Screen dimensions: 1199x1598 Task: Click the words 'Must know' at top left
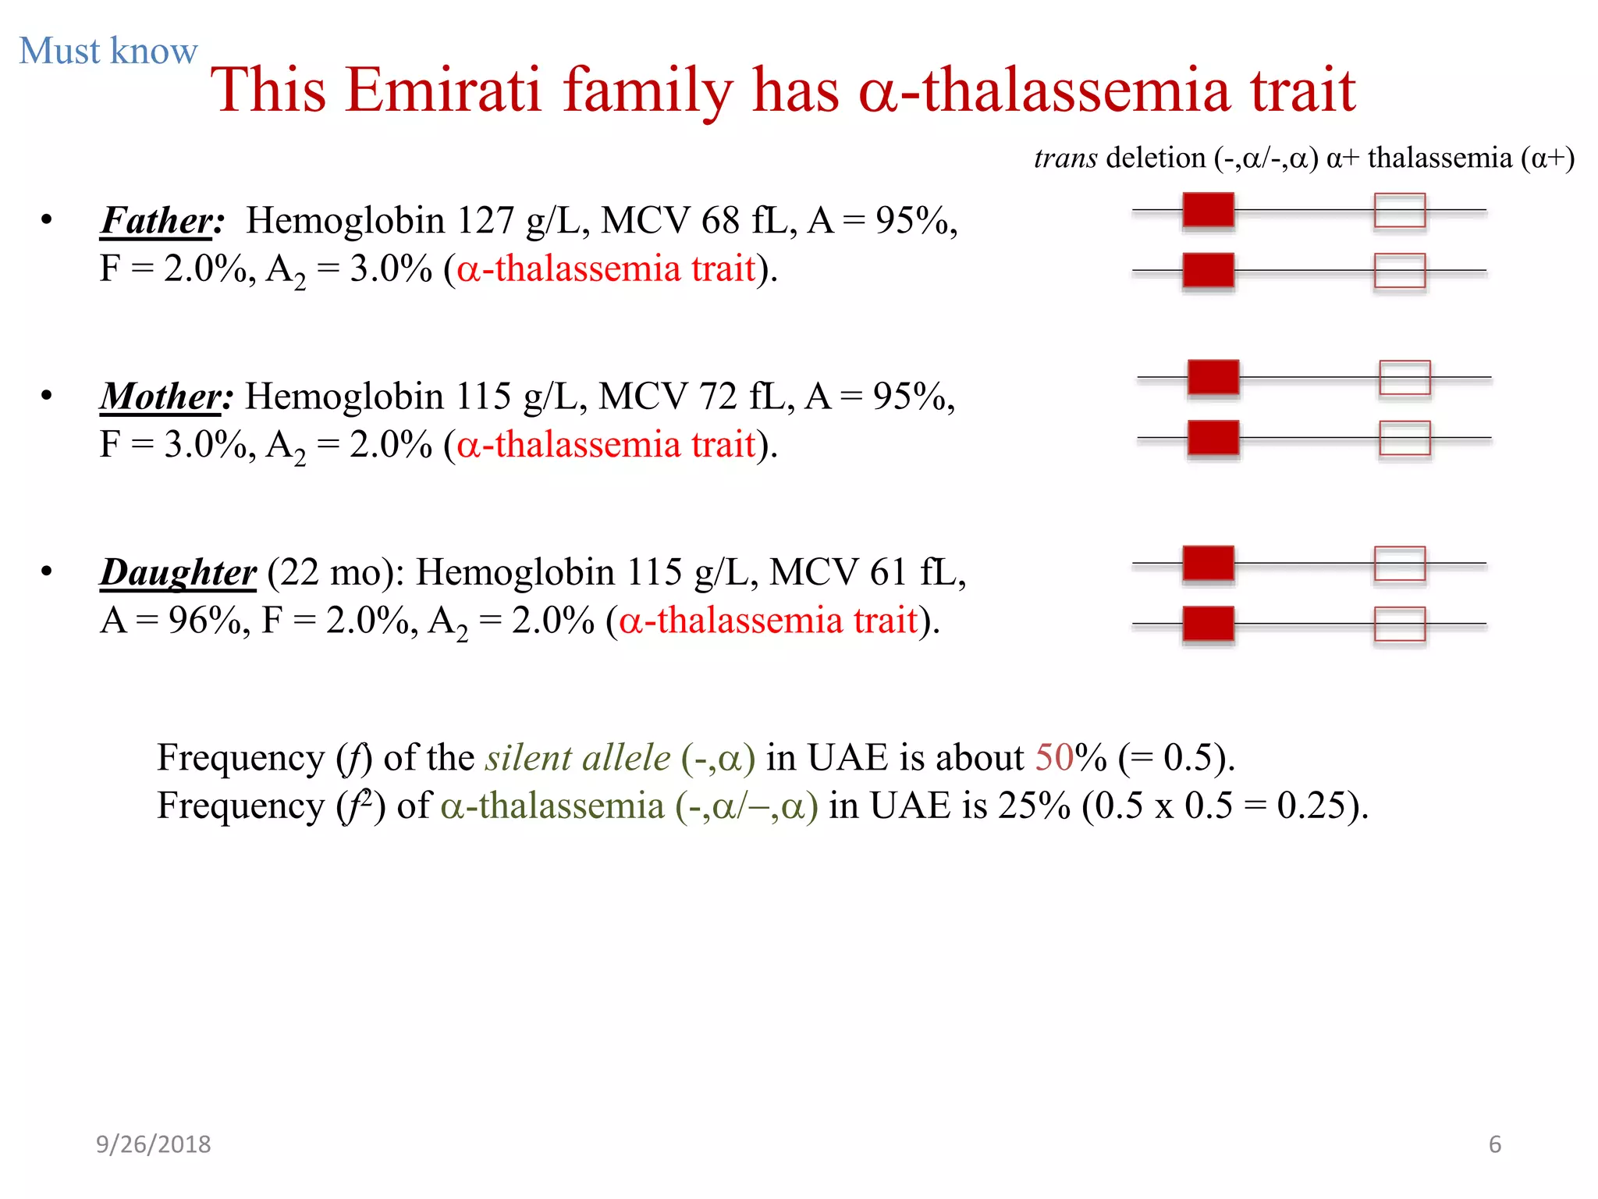pos(108,52)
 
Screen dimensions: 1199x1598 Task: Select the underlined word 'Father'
pos(157,221)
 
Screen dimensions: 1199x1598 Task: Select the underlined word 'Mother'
pos(161,397)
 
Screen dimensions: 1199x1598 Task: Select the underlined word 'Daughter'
pos(178,573)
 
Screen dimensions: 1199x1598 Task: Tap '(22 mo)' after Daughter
pos(335,573)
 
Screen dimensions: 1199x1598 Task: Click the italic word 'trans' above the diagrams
pos(1065,158)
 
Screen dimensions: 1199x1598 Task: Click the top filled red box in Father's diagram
pos(1208,210)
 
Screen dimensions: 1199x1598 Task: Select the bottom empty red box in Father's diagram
pos(1399,271)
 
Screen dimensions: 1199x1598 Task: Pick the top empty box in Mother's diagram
pos(1404,378)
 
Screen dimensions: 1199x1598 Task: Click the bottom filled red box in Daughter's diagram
pos(1208,624)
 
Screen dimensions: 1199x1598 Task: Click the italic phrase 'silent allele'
pos(577,758)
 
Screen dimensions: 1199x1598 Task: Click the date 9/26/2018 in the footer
pos(154,1144)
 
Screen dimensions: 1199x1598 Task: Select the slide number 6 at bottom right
pos(1494,1144)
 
